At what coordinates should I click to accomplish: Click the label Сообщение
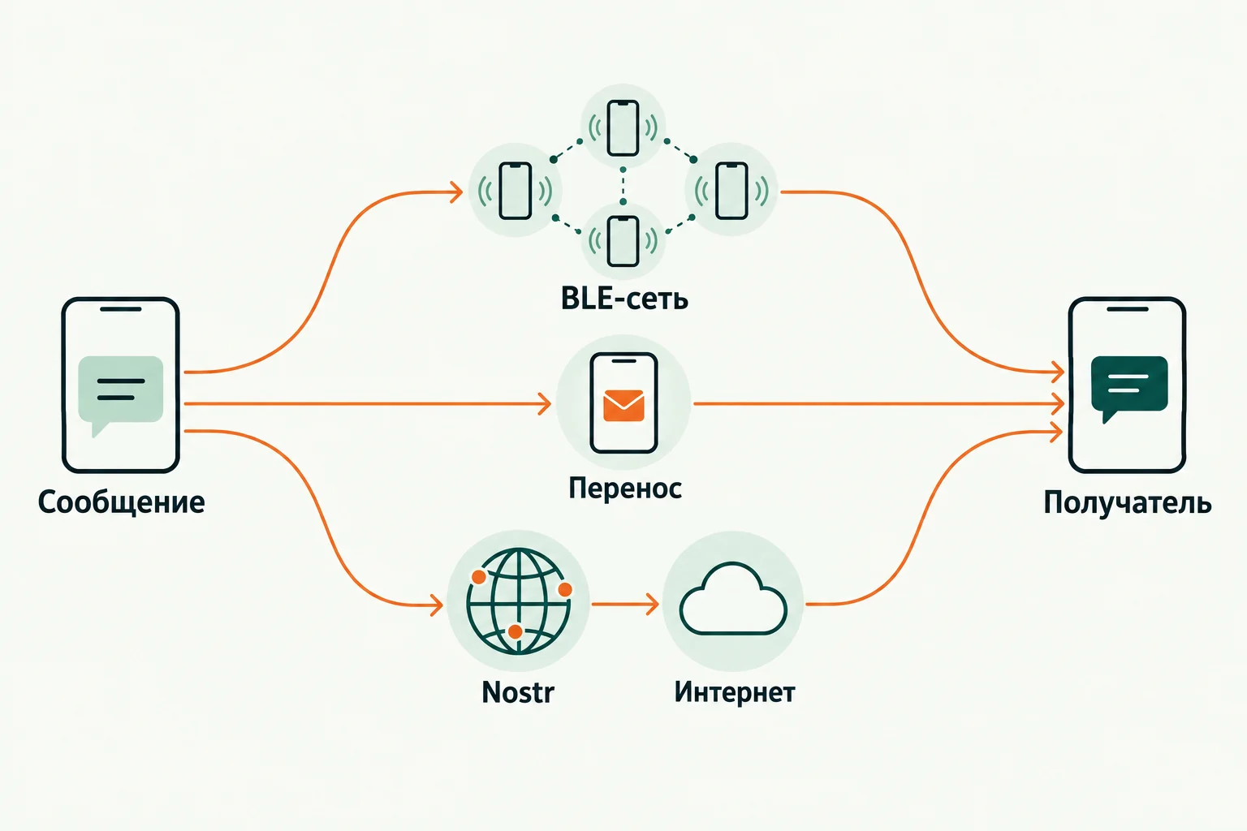pyautogui.click(x=121, y=502)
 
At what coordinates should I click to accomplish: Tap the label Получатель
pyautogui.click(x=1128, y=502)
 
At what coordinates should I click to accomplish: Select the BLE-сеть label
pyautogui.click(x=624, y=299)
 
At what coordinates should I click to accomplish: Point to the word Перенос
pyautogui.click(x=624, y=489)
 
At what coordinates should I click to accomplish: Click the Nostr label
pyautogui.click(x=518, y=692)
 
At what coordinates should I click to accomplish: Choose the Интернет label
pyautogui.click(x=734, y=692)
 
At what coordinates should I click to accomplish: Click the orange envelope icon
pyautogui.click(x=623, y=406)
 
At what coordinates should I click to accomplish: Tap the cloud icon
pyautogui.click(x=733, y=599)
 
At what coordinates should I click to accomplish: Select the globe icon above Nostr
pyautogui.click(x=518, y=601)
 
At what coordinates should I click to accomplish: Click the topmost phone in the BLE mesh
pyautogui.click(x=623, y=128)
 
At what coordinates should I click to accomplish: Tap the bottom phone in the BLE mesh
pyautogui.click(x=623, y=242)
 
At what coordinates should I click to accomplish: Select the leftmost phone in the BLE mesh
pyautogui.click(x=515, y=191)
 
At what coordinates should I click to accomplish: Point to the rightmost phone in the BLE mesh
pyautogui.click(x=731, y=191)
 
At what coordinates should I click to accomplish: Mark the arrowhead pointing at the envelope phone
pyautogui.click(x=545, y=403)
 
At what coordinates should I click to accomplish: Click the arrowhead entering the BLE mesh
pyautogui.click(x=456, y=192)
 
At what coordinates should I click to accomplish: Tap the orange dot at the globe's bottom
pyautogui.click(x=516, y=631)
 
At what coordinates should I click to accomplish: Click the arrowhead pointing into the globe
pyautogui.click(x=437, y=605)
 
